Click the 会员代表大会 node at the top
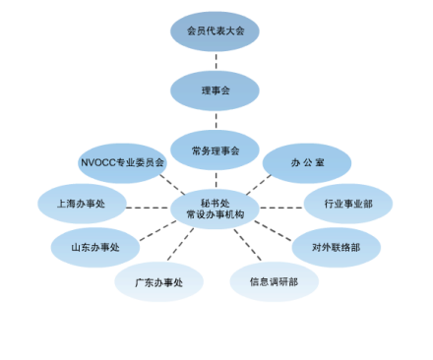click(x=215, y=30)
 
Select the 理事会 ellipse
click(x=215, y=90)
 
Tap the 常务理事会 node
click(x=215, y=150)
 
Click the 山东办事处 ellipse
click(x=94, y=247)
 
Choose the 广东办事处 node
click(x=157, y=282)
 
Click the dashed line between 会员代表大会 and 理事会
click(x=215, y=60)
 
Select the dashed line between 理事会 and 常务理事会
click(x=215, y=120)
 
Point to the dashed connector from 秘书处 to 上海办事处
click(x=148, y=207)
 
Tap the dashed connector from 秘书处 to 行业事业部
click(x=281, y=207)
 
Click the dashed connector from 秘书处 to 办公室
click(x=258, y=183)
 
